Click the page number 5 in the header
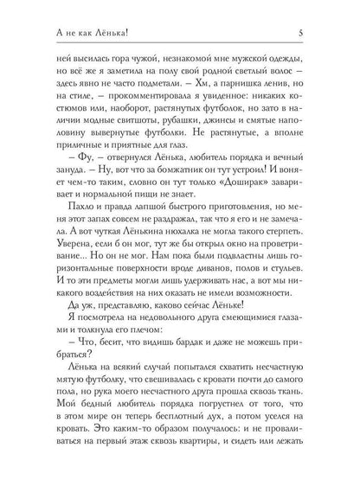coord(322,10)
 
